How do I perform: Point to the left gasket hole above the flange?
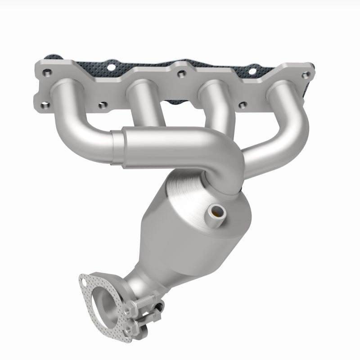click(x=111, y=63)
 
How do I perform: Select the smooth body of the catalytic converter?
click(x=171, y=243)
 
